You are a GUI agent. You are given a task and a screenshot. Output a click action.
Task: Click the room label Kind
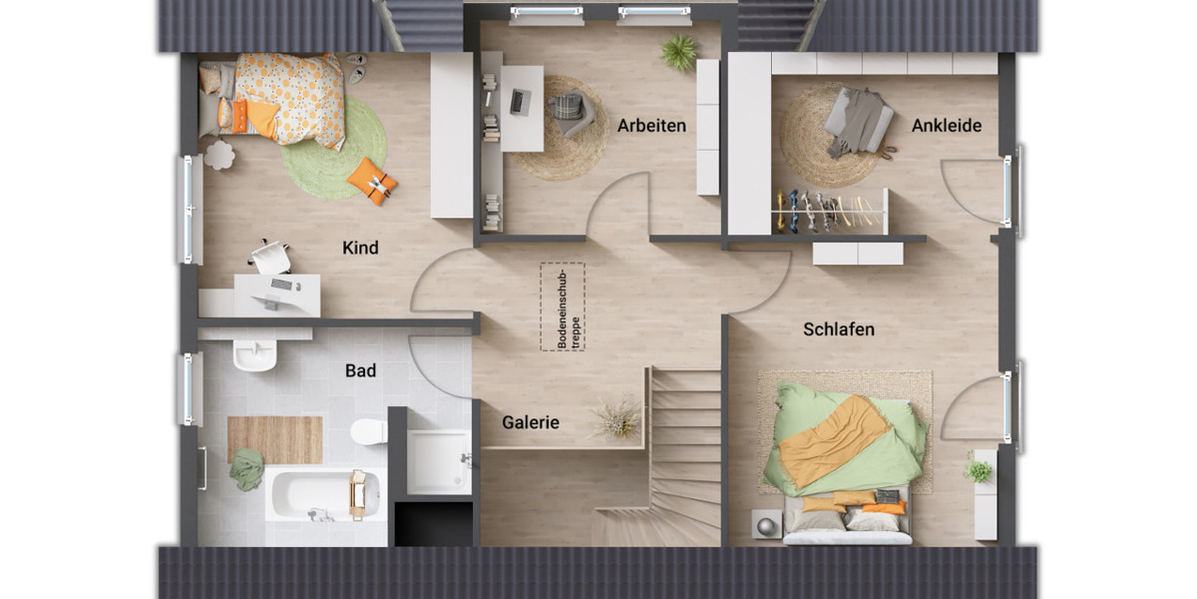click(360, 248)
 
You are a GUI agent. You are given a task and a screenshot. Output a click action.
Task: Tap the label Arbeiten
click(651, 126)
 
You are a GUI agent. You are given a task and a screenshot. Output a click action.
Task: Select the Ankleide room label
click(947, 126)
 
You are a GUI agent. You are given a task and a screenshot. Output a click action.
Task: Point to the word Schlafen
click(839, 329)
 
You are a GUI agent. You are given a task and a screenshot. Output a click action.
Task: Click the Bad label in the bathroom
click(360, 370)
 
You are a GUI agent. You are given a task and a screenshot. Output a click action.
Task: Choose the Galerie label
click(531, 422)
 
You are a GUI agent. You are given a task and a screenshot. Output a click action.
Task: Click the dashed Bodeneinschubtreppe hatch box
click(563, 306)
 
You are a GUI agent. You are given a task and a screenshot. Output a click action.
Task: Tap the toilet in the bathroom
click(368, 431)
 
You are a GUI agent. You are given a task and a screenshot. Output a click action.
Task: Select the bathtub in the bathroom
click(321, 494)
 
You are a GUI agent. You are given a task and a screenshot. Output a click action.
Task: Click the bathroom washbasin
click(254, 354)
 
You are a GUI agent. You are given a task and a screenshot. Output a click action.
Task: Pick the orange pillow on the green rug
click(372, 181)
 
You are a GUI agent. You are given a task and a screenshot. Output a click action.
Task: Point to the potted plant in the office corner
click(679, 53)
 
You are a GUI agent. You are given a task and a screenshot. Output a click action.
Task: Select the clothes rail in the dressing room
click(828, 211)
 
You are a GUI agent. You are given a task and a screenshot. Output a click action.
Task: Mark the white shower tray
click(439, 461)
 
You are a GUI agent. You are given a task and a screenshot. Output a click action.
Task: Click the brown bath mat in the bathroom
click(274, 439)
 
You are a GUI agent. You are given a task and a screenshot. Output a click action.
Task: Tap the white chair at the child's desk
click(270, 257)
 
